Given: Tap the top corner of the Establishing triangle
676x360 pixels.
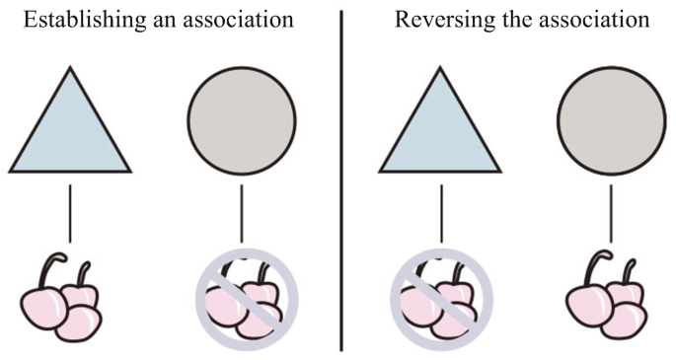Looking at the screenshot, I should point(70,69).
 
